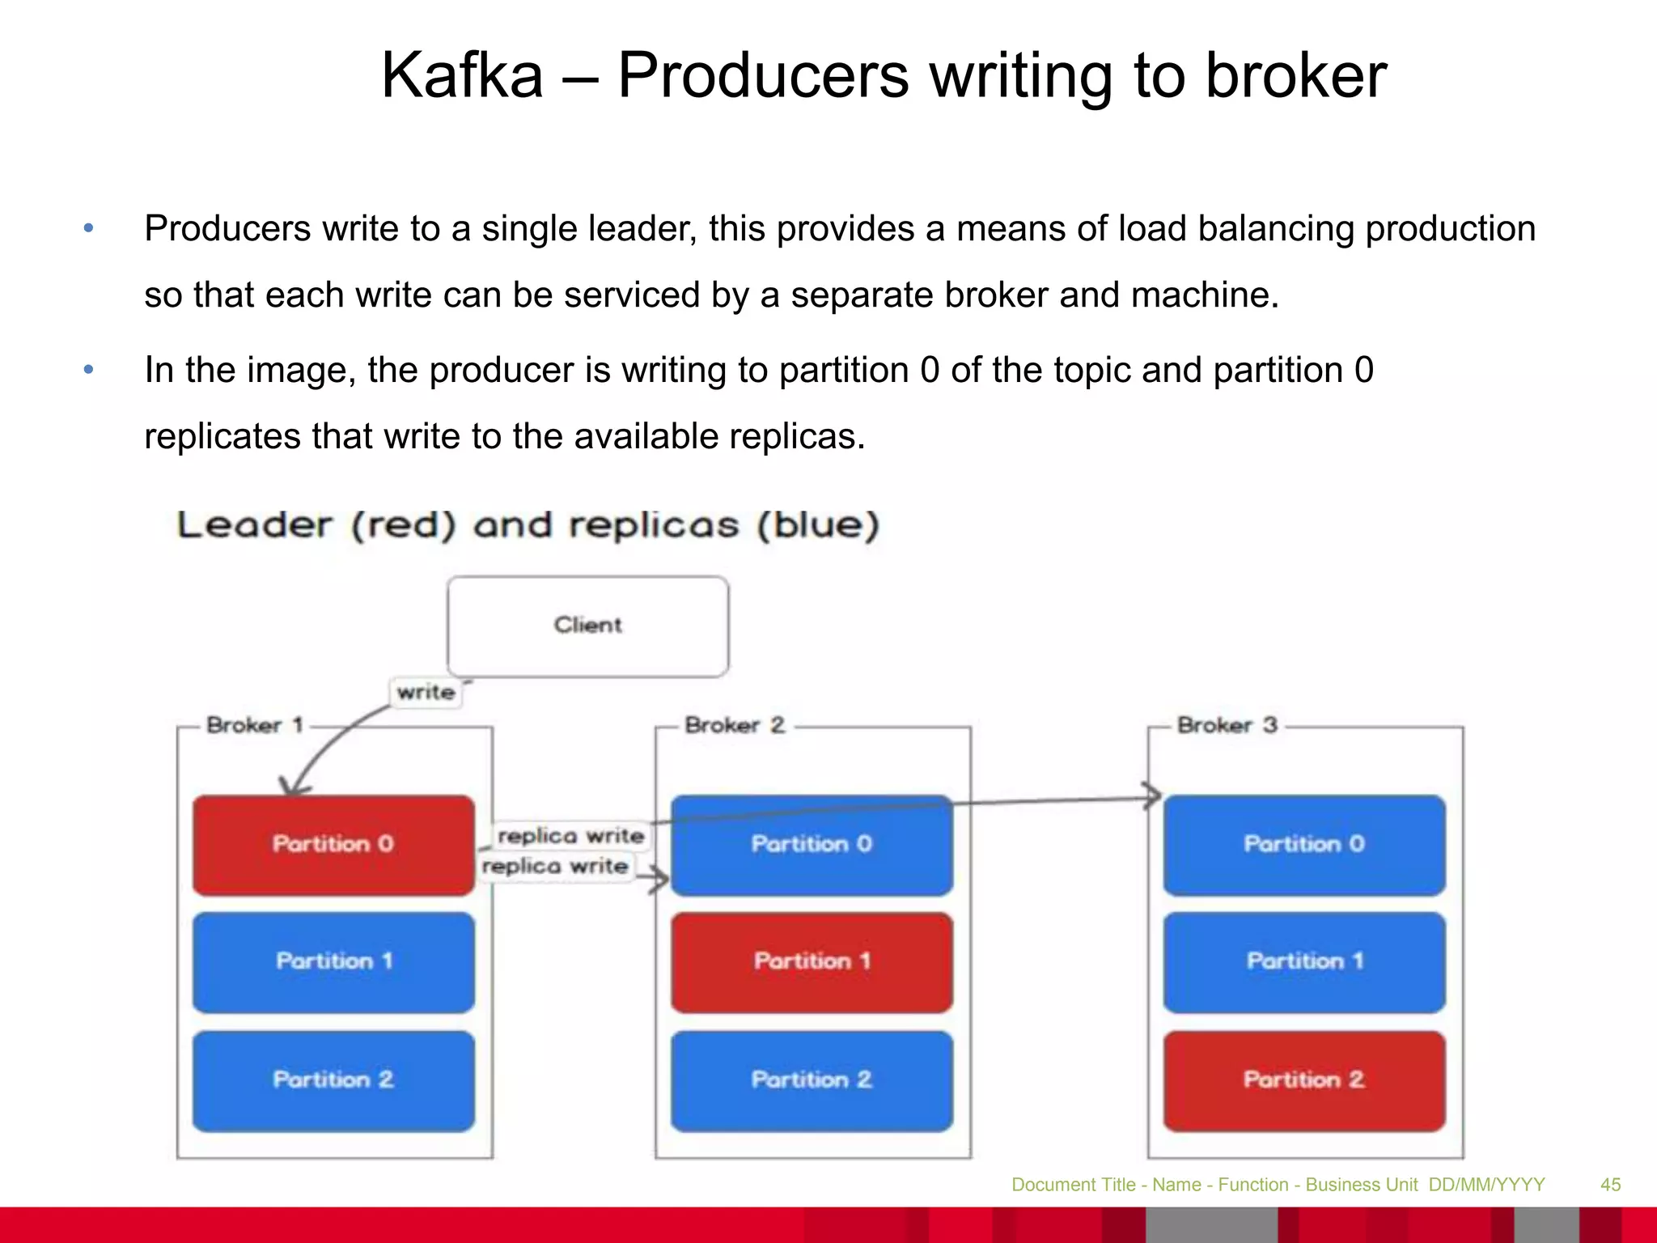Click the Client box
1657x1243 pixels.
click(x=587, y=626)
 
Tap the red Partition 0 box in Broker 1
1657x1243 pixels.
click(x=333, y=845)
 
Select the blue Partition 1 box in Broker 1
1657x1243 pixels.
click(x=333, y=962)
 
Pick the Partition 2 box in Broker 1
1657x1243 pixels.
click(x=333, y=1080)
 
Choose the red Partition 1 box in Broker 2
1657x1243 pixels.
click(x=812, y=962)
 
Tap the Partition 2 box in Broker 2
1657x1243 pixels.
click(x=812, y=1080)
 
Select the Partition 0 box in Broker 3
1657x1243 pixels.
click(x=1304, y=845)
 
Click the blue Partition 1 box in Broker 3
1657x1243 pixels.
click(x=1304, y=962)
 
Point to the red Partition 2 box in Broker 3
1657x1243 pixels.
click(x=1304, y=1080)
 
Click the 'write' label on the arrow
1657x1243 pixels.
click(x=426, y=693)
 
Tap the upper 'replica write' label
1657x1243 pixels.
click(x=570, y=836)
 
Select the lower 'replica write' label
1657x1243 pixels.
click(x=555, y=867)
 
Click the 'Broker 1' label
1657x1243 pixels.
click(x=254, y=725)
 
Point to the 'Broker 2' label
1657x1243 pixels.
click(x=734, y=725)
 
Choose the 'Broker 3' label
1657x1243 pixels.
click(x=1227, y=725)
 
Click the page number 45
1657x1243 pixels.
click(x=1610, y=1185)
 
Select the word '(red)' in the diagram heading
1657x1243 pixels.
click(x=403, y=525)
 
